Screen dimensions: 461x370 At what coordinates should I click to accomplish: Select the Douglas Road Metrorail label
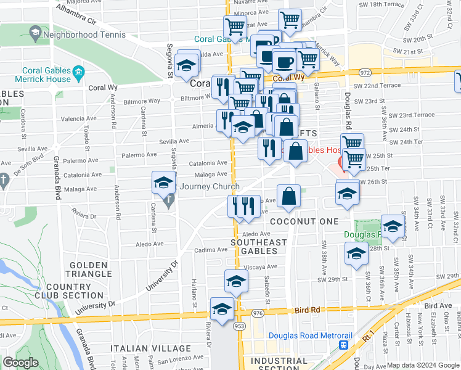pyautogui.click(x=310, y=336)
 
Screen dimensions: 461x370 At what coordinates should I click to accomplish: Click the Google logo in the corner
pyautogui.click(x=20, y=363)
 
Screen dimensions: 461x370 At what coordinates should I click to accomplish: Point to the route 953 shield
pyautogui.click(x=239, y=326)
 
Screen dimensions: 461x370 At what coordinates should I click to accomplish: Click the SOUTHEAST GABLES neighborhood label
pyautogui.click(x=259, y=247)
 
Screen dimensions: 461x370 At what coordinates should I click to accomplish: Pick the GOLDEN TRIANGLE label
pyautogui.click(x=86, y=269)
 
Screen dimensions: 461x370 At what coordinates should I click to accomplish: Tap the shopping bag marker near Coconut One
pyautogui.click(x=288, y=197)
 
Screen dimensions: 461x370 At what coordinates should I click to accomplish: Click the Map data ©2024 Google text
pyautogui.click(x=422, y=365)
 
